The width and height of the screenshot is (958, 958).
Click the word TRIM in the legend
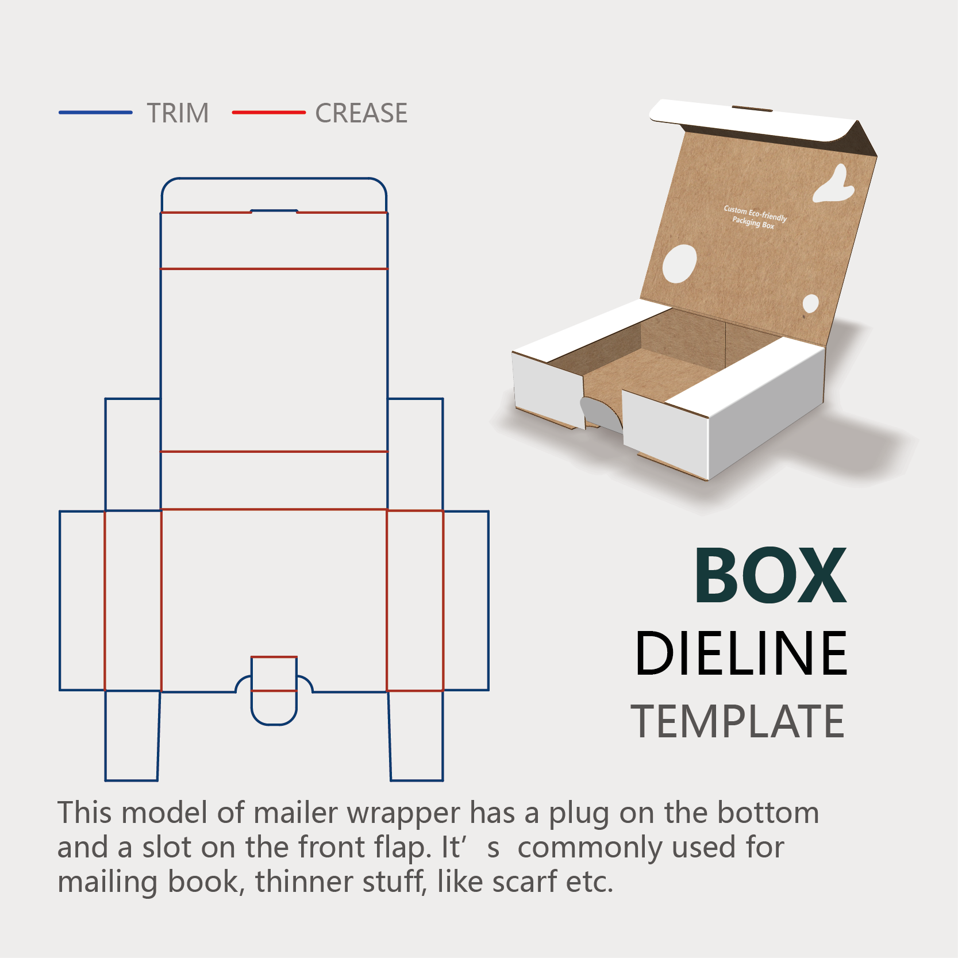point(178,113)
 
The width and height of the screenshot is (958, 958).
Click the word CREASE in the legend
point(361,113)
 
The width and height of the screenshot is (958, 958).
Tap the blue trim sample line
point(95,113)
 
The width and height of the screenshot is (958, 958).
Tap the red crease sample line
point(268,113)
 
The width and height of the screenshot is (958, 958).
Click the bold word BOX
point(770,576)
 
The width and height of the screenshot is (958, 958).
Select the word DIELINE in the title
point(741,653)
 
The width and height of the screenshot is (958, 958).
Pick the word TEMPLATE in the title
point(738,722)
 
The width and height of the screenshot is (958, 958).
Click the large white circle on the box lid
point(679,264)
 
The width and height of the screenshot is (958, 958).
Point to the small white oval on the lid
point(810,303)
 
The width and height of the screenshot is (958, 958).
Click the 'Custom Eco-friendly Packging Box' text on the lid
point(755,217)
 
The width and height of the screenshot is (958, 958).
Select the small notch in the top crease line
point(274,211)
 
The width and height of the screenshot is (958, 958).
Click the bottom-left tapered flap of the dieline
point(132,736)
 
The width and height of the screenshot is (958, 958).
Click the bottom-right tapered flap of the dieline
point(416,736)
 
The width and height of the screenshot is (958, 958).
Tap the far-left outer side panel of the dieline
point(82,601)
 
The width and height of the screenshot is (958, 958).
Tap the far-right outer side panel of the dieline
point(466,601)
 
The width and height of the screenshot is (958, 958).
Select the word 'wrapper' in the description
point(403,813)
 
